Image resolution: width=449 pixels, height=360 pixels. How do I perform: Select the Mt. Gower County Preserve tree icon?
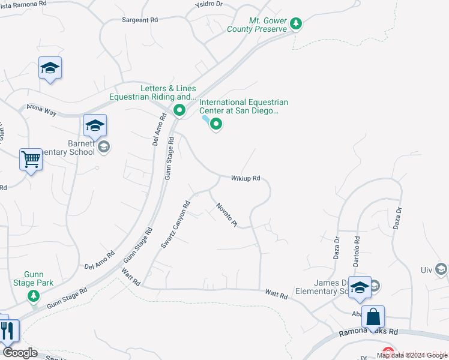click(295, 24)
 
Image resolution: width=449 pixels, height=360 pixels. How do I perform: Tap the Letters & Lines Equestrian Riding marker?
click(179, 110)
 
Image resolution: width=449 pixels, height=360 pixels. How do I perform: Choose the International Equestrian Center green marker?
click(216, 125)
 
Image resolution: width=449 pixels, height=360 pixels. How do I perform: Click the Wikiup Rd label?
click(246, 178)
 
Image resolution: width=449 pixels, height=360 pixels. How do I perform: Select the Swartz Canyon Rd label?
click(175, 224)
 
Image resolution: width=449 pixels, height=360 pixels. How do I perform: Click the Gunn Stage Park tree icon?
click(34, 295)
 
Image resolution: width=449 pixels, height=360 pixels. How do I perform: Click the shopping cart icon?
click(31, 160)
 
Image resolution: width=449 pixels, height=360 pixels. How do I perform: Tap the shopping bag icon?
click(373, 316)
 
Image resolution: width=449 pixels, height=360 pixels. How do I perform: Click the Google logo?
click(19, 353)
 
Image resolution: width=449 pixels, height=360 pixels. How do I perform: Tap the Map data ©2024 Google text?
click(412, 355)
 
